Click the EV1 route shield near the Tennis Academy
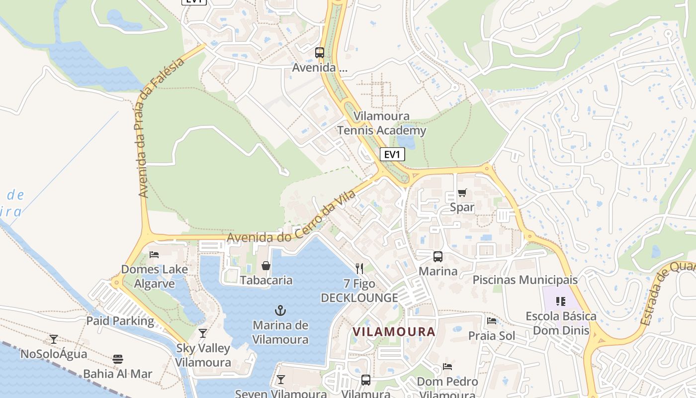[392, 154]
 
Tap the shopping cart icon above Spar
[462, 193]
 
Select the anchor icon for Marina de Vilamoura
[280, 311]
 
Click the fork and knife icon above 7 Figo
[359, 269]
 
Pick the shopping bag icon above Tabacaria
[266, 266]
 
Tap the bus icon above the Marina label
[437, 257]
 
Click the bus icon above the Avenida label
[320, 52]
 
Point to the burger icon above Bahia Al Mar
[118, 359]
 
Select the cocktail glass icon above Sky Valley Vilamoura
[203, 333]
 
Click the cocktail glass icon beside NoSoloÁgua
[54, 339]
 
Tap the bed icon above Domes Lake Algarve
[154, 255]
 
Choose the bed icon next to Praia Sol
[492, 321]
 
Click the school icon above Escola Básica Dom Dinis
[561, 301]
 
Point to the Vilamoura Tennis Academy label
[382, 123]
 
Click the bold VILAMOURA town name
[394, 332]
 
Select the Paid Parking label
[120, 321]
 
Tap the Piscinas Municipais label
[525, 280]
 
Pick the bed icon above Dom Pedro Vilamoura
[447, 367]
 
